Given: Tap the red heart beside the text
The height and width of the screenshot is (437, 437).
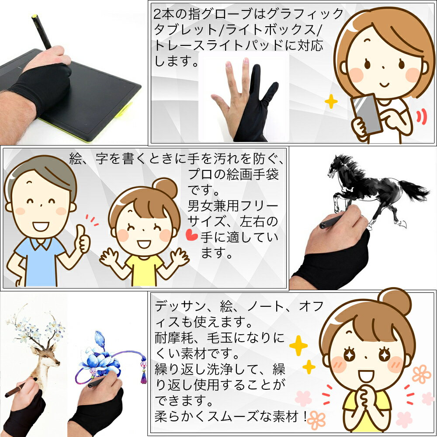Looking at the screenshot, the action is (192, 235).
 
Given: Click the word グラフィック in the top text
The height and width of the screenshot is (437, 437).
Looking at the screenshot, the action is (305, 14).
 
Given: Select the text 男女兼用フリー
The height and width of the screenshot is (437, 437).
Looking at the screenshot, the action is (233, 206).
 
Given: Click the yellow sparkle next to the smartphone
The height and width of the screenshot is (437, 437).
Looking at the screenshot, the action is (331, 101).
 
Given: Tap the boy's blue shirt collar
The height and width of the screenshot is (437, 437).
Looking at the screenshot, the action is (41, 243).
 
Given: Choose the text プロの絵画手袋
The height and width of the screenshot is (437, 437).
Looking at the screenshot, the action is (233, 174).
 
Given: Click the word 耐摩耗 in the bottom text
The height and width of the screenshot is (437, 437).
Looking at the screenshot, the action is (174, 338).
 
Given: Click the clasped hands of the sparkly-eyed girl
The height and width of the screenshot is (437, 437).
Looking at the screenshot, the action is (364, 396).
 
